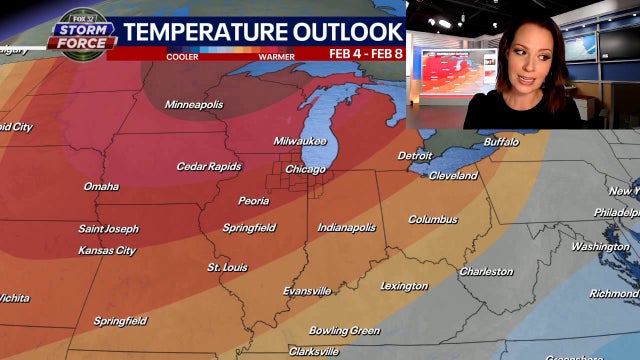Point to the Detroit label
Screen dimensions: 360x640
(414, 156)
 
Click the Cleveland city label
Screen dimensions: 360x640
(453, 176)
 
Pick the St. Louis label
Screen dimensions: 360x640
(227, 268)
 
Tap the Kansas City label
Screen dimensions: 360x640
(106, 250)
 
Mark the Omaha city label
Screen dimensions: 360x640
(101, 187)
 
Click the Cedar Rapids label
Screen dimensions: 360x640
(209, 166)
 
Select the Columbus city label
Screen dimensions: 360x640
(432, 220)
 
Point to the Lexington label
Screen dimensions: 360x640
(403, 286)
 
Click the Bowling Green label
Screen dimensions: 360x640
(344, 331)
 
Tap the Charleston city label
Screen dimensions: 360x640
(486, 272)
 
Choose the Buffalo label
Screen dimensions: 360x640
(501, 142)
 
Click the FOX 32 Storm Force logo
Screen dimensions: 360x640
(82, 31)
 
